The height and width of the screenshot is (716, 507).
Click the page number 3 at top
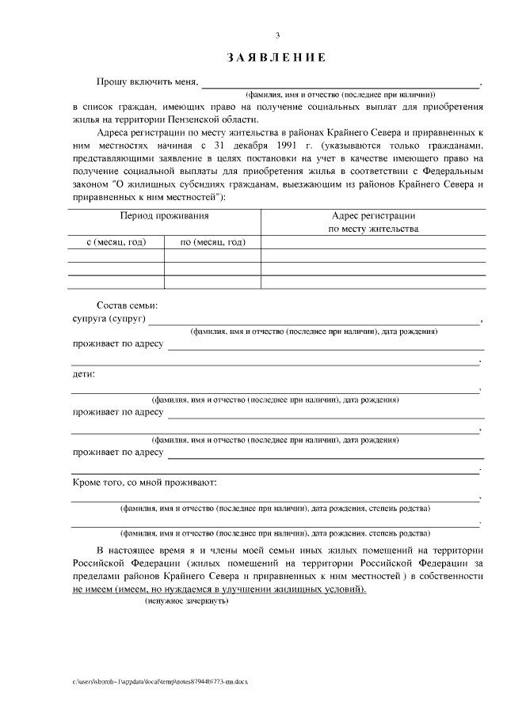(277, 35)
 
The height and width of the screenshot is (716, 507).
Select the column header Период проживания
(164, 215)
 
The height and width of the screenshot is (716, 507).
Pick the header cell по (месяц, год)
(212, 242)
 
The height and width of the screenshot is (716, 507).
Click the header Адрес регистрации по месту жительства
(373, 222)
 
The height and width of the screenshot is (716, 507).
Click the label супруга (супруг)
(108, 319)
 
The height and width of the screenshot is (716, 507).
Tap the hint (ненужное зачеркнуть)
(187, 602)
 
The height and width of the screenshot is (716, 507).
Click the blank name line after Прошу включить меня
(341, 82)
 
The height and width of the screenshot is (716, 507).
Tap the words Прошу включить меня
(147, 81)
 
